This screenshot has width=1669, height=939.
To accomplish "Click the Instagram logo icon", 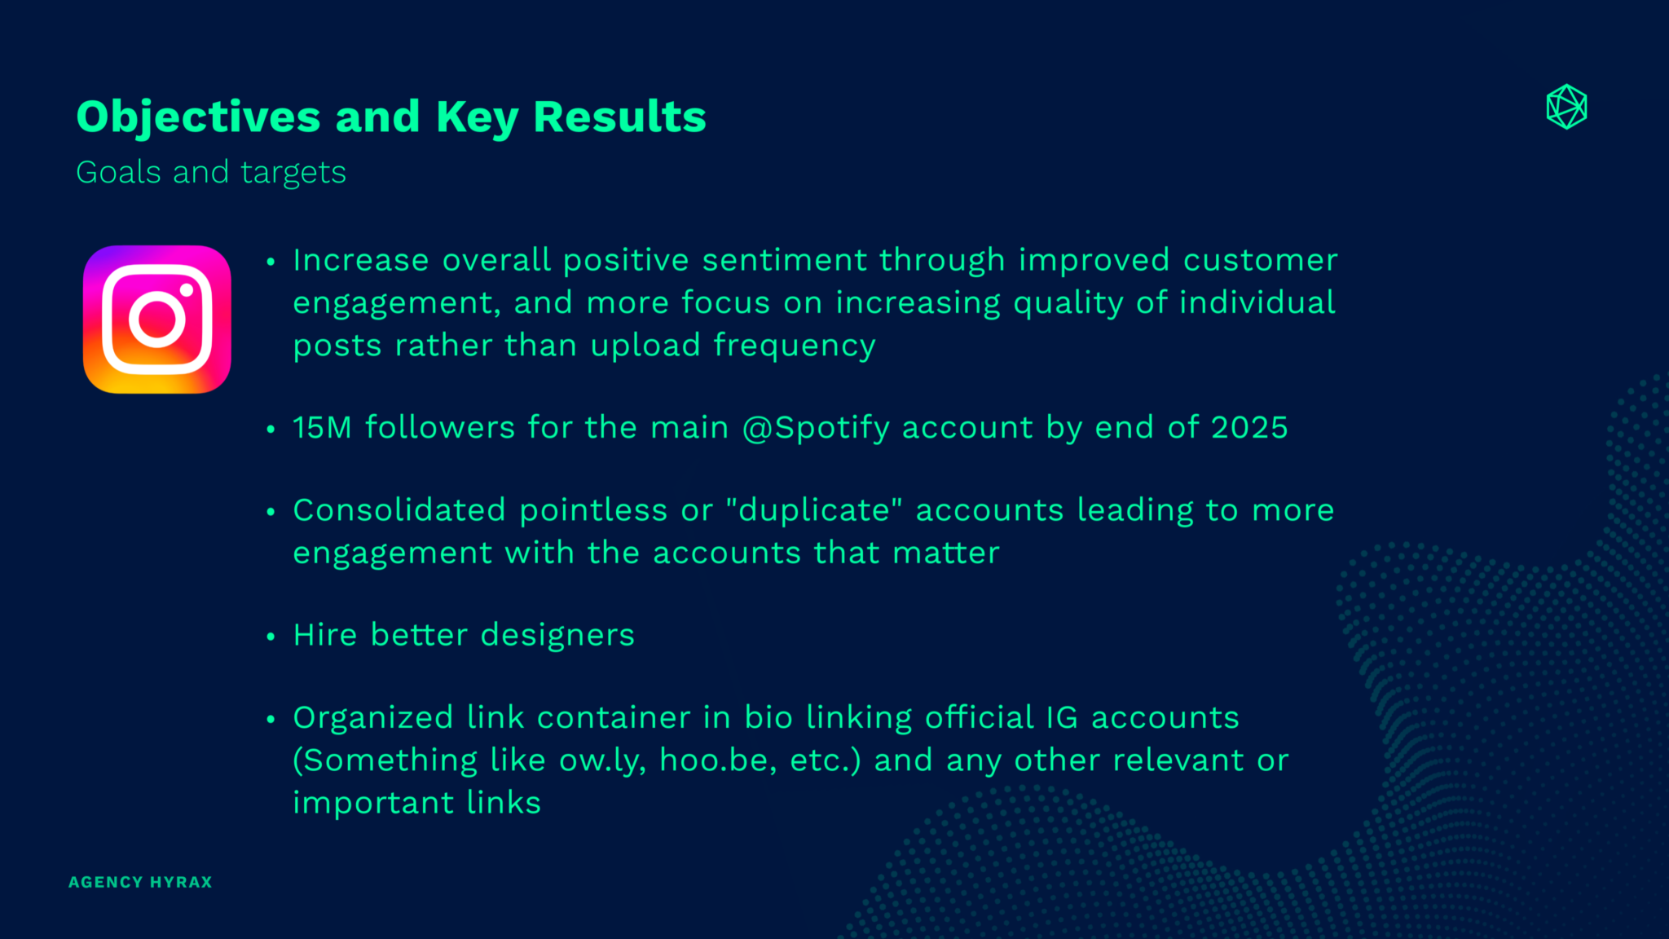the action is pos(157,320).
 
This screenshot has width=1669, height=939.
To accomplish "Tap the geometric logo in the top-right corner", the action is pos(1566,107).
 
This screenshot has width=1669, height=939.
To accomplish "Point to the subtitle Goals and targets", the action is pos(211,173).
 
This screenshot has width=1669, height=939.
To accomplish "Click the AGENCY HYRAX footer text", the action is pos(140,882).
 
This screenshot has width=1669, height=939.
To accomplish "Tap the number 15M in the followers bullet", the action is pos(322,427).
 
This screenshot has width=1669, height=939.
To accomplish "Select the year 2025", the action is pos(1249,427).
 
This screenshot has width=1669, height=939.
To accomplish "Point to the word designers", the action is pos(557,635).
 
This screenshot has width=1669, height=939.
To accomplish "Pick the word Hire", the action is pos(325,635).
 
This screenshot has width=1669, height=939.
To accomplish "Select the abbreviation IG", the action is pos(1062,717).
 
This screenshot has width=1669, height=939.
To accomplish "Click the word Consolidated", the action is pos(399,510).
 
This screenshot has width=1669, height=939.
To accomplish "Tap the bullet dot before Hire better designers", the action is pos(271,637).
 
